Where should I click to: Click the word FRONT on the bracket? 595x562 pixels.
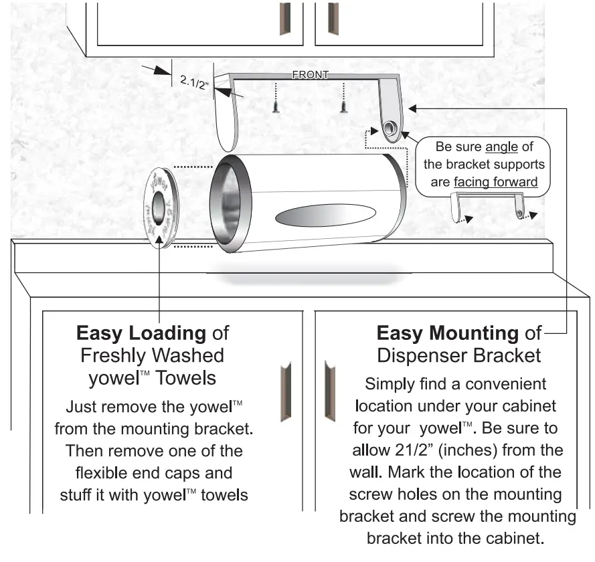tap(310, 75)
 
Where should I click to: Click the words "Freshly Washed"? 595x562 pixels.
tap(152, 355)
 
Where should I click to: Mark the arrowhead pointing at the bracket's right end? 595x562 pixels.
tap(413, 107)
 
